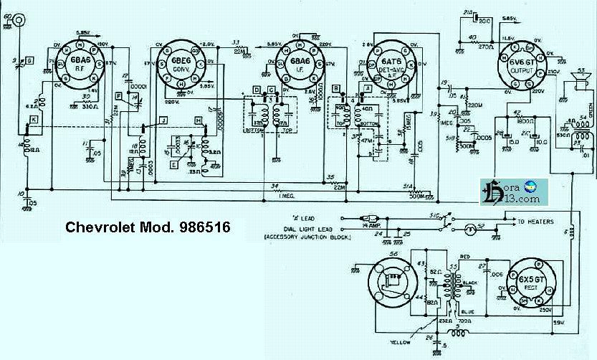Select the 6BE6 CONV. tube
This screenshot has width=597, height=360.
pyautogui.click(x=179, y=65)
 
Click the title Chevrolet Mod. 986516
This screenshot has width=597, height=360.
pyautogui.click(x=148, y=227)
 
